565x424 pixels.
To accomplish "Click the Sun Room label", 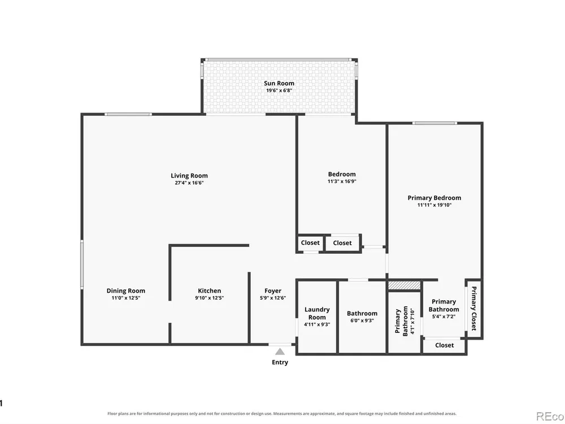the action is (279, 83).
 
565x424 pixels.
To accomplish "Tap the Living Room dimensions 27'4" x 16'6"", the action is (189, 183).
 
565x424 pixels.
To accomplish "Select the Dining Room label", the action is (126, 291).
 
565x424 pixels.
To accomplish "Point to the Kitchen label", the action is (210, 291).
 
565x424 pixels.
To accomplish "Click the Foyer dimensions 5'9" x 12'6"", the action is (273, 298).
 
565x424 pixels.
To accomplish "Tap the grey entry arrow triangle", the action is (280, 352).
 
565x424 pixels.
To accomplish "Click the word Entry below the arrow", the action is (280, 362).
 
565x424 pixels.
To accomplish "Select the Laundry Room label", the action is (317, 313).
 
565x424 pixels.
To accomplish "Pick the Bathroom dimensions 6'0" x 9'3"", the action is (362, 321).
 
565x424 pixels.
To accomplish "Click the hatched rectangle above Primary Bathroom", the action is (405, 285).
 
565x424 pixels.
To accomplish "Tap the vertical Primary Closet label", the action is (474, 308).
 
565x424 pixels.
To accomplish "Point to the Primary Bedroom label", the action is (434, 197).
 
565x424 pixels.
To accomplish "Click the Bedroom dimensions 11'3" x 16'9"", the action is (342, 181).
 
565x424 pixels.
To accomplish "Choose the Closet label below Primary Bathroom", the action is (444, 345).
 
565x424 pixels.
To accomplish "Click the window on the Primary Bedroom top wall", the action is (434, 123).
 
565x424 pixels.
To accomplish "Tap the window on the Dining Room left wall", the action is (82, 264).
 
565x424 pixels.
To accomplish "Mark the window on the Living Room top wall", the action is (128, 114).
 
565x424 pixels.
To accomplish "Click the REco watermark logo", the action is (550, 416).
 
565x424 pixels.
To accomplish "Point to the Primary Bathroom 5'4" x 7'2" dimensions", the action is (444, 317).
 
